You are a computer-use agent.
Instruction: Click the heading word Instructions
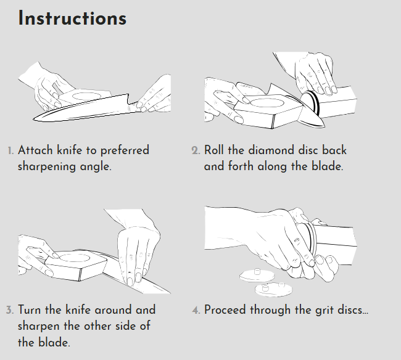(x=72, y=18)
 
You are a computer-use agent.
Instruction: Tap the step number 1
(x=10, y=151)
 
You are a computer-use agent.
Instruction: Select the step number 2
(x=196, y=150)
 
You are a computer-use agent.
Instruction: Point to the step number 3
(x=10, y=310)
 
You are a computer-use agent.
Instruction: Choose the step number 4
(x=196, y=310)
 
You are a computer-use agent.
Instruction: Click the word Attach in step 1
(x=36, y=150)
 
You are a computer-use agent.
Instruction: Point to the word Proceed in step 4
(x=225, y=309)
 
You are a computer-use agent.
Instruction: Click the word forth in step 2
(x=241, y=166)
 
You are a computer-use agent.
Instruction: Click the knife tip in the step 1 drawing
(x=34, y=119)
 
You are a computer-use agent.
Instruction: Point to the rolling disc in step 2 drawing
(x=310, y=102)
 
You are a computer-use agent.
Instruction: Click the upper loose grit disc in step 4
(x=257, y=276)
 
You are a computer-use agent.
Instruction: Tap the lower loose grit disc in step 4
(x=274, y=290)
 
